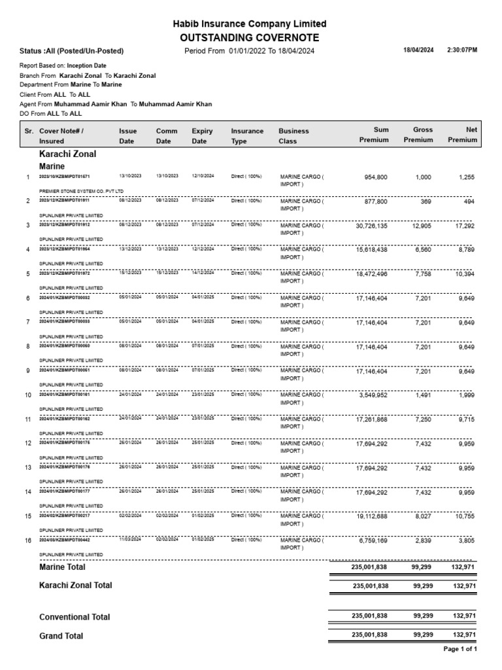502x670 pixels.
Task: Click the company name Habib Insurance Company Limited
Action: tap(249, 24)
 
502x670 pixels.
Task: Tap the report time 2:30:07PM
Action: tap(462, 50)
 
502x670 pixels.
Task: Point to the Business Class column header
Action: tap(293, 135)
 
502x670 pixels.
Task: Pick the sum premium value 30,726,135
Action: tap(371, 226)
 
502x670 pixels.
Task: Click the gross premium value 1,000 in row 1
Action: tap(423, 177)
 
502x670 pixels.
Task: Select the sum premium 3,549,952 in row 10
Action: tap(373, 395)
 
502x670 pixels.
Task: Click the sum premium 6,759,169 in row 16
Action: tap(373, 540)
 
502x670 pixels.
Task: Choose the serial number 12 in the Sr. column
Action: tap(28, 444)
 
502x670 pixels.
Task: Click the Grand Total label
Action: tap(61, 635)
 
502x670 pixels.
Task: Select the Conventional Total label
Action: tap(75, 617)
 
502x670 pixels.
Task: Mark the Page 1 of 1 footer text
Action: tap(460, 649)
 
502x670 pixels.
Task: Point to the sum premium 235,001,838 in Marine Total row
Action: tap(370, 568)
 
